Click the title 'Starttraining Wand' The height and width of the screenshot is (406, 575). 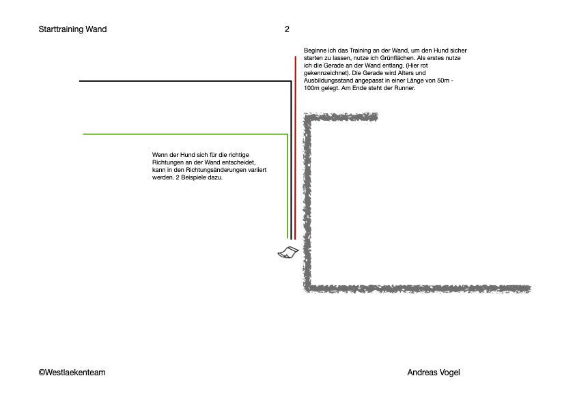72,29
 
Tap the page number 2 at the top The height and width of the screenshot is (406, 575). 287,29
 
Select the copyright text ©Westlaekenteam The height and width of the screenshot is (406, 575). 72,373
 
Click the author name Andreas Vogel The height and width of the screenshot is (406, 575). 434,373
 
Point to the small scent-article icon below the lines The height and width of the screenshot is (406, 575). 288,252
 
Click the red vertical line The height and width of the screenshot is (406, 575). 295,147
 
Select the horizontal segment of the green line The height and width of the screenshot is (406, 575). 185,134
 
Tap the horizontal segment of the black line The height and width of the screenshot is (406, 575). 185,81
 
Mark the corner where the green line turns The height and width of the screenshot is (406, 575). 287,134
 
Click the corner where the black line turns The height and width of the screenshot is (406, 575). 291,81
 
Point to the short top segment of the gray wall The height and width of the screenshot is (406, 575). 341,117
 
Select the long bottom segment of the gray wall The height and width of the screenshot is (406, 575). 417,289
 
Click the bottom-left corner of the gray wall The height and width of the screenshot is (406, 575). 307,289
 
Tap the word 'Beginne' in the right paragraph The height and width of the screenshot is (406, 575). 315,50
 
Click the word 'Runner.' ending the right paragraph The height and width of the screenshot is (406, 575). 404,88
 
